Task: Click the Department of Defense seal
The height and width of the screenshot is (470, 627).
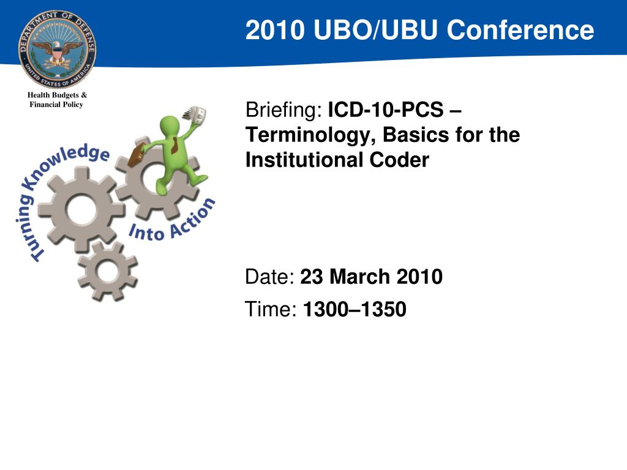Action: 57,49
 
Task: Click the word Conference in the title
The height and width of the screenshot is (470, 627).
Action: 520,30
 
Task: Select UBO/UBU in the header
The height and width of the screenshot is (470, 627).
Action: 376,30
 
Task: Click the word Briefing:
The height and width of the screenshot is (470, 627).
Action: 284,110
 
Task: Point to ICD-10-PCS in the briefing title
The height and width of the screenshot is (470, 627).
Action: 386,110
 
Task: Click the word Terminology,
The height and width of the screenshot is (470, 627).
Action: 311,135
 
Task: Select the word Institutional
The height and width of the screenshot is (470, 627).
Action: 304,160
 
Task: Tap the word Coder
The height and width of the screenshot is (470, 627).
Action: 399,160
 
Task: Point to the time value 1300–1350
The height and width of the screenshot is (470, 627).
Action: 355,309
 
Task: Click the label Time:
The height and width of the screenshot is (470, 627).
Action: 271,309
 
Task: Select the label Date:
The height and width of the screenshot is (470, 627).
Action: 270,277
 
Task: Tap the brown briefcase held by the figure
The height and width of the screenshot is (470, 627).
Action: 136,155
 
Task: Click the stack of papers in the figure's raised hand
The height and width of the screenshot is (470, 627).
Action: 195,114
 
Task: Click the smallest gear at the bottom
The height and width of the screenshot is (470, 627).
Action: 108,271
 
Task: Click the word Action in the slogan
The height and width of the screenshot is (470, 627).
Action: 192,219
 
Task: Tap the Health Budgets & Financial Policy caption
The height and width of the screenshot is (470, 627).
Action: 57,100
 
